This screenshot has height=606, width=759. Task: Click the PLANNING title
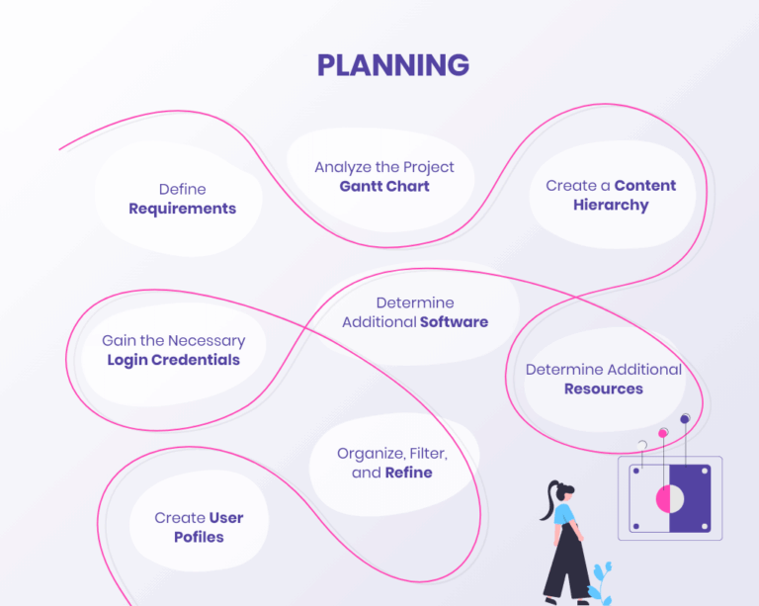click(x=392, y=65)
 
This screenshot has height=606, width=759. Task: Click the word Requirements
click(x=182, y=209)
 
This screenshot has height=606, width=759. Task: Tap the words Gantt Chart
click(x=384, y=186)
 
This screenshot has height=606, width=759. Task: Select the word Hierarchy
click(x=610, y=205)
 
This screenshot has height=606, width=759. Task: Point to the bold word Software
click(x=454, y=321)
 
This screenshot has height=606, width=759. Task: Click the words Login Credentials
click(x=173, y=360)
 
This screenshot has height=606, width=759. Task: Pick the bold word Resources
click(x=603, y=389)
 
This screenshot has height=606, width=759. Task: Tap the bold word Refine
click(x=408, y=473)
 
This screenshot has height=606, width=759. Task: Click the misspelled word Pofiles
click(x=199, y=537)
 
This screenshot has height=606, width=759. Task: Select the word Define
click(x=182, y=189)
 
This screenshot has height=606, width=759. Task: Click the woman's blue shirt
click(x=563, y=515)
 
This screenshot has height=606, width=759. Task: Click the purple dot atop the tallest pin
click(x=684, y=419)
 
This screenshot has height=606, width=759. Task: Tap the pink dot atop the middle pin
click(x=663, y=433)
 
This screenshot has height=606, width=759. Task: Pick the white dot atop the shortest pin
click(x=642, y=445)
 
